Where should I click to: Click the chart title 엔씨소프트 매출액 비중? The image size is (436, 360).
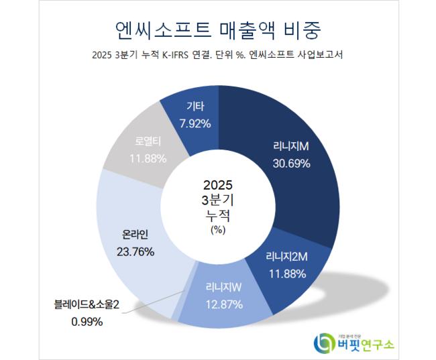tap(218, 30)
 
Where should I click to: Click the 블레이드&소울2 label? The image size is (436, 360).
tap(87, 306)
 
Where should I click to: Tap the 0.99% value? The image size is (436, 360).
tap(87, 322)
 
